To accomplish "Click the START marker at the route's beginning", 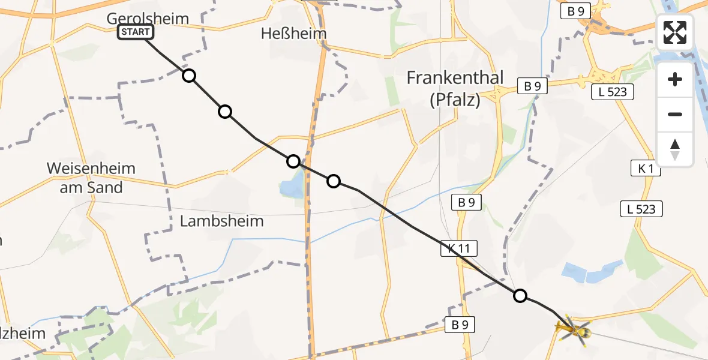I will pos(136,32).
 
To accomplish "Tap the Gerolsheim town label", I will pos(148,19).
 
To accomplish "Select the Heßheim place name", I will pos(294,34).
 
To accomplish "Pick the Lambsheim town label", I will pos(221,221).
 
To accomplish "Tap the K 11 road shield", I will pos(459,248).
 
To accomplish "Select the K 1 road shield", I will pos(646,170).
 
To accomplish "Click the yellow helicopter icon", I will pos(573,329).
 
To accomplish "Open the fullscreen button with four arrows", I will pos(675,32).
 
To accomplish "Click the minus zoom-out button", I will pos(675,114).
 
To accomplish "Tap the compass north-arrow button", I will pos(675,149).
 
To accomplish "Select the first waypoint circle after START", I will pos(189,76).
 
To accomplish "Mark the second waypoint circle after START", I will pos(225,112).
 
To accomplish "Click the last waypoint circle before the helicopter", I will pos(520,295).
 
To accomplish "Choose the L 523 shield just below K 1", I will pos(641,209).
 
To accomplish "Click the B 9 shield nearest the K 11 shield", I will pos(466,203).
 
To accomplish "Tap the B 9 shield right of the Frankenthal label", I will pos(532,86).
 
